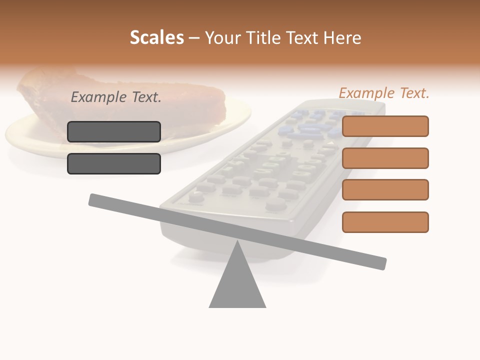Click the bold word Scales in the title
point(156,37)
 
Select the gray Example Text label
point(116,97)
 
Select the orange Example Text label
point(384,93)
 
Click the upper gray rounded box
point(114,132)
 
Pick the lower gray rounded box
point(114,164)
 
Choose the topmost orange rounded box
point(385,126)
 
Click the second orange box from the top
point(385,158)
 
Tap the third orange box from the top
point(385,190)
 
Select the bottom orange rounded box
point(385,222)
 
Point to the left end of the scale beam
point(93,199)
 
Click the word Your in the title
point(220,38)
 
